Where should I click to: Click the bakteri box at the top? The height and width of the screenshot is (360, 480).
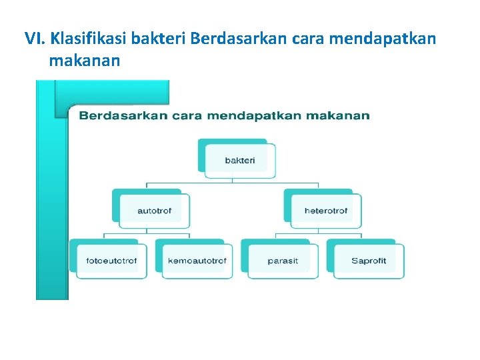239,160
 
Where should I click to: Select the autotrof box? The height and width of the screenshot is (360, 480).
154,211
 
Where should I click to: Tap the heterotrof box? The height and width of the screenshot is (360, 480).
325,211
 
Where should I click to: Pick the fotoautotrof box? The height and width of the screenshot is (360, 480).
111,261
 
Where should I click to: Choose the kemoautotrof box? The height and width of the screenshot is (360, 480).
197,261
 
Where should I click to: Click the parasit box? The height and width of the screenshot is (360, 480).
283,261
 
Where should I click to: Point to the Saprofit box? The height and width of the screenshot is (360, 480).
369,261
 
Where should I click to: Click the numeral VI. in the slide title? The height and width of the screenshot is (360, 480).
35,38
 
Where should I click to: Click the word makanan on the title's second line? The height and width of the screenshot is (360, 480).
84,61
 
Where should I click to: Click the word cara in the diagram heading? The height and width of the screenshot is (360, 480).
187,116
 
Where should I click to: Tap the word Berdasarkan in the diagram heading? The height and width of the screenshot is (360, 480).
122,116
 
